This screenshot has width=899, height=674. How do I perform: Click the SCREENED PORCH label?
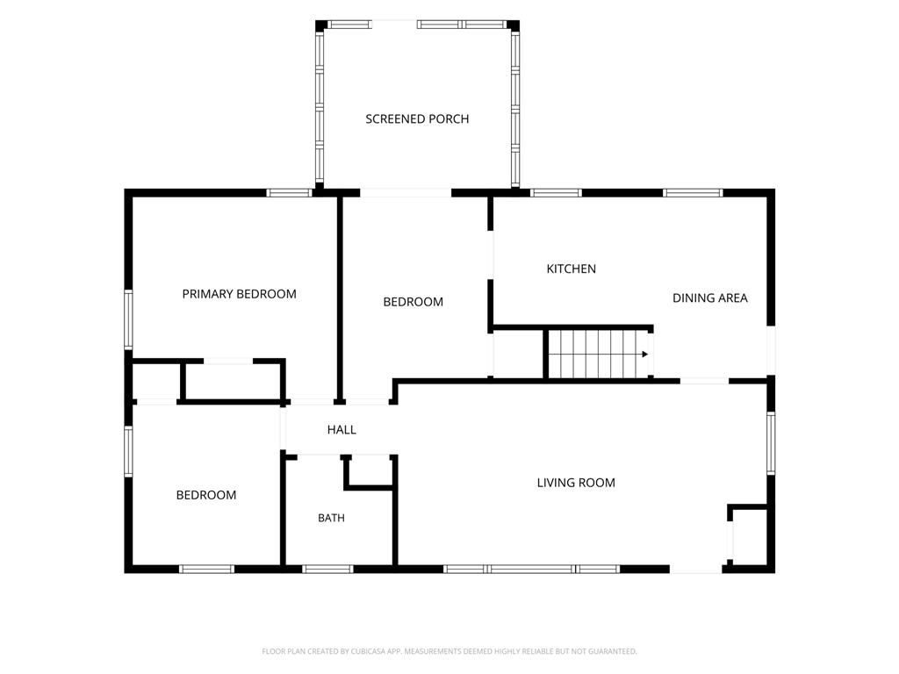point(417,119)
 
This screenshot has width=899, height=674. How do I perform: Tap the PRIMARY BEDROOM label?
point(239,294)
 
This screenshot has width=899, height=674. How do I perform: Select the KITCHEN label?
point(571,269)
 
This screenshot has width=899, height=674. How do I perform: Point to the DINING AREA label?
point(709,298)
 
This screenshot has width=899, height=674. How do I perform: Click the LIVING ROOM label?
point(576,484)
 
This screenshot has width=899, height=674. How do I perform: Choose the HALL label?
point(342,430)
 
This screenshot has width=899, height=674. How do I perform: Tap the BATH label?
point(331,518)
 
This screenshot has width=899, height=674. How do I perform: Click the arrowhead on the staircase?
point(645,355)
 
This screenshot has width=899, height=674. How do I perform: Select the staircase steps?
point(598,355)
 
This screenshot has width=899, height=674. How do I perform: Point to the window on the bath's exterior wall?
point(328,569)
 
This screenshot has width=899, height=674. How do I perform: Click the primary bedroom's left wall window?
point(128,319)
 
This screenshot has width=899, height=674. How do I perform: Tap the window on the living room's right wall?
point(771,443)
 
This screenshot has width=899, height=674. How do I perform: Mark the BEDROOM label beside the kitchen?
point(413,302)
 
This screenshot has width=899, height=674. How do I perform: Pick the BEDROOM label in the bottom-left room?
point(205,495)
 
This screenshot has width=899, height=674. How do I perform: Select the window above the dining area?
point(694,192)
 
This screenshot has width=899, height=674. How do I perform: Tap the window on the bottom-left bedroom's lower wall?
point(206,569)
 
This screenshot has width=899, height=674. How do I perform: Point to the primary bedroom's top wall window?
point(290,192)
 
